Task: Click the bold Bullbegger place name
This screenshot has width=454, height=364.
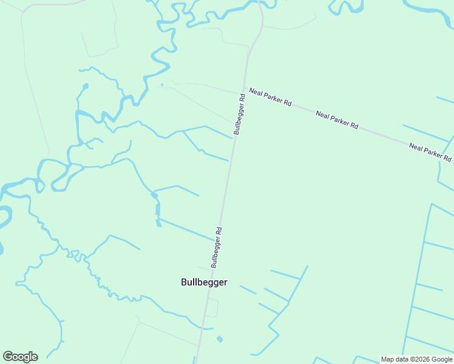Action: tap(204, 282)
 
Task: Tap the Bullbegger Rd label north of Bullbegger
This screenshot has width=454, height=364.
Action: tap(217, 248)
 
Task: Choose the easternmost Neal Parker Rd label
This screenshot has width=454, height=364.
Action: tap(430, 152)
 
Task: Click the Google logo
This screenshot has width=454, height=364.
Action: tap(20, 357)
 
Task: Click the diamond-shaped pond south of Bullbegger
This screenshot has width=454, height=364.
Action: tap(220, 339)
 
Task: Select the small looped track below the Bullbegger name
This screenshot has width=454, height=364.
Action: tap(213, 307)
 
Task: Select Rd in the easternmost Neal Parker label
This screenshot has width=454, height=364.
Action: tap(447, 158)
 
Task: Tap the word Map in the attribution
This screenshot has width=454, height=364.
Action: tap(388, 359)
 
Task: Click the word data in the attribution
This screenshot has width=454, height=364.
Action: tap(401, 359)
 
